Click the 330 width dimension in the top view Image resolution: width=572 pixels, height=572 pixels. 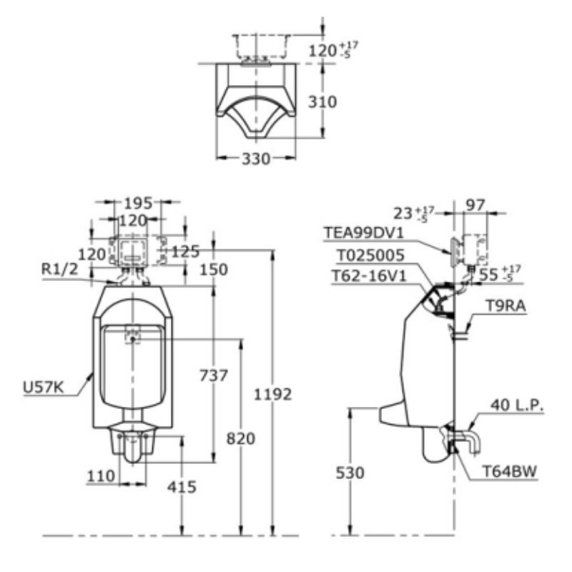[x=256, y=159]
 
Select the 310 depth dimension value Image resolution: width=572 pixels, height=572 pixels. [x=322, y=102]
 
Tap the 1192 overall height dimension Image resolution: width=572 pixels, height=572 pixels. [x=273, y=395]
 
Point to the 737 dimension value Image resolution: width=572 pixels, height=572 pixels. [x=214, y=375]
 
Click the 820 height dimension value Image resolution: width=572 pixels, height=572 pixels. [x=241, y=438]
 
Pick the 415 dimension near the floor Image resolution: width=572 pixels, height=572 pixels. [x=182, y=487]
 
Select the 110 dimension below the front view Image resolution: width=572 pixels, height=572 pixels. [x=101, y=475]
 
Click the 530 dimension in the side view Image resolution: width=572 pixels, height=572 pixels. [x=350, y=473]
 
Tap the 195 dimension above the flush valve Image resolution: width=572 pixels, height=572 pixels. [x=138, y=203]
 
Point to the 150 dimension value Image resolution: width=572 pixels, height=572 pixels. [x=214, y=270]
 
